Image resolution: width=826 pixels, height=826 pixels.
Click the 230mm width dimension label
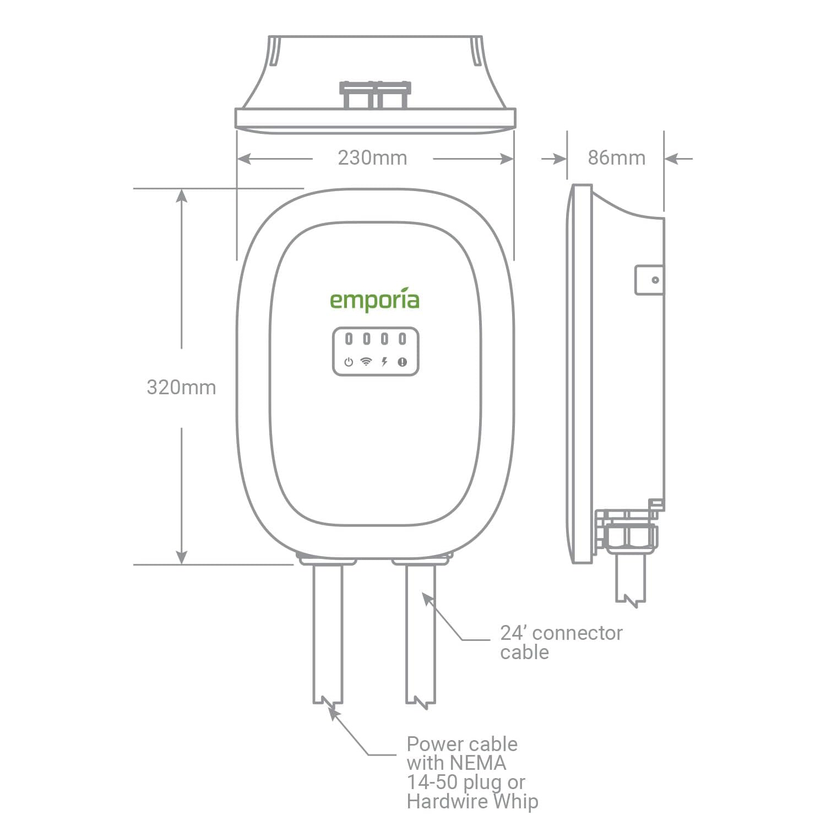pyautogui.click(x=372, y=158)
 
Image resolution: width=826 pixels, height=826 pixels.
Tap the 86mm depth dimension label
pyautogui.click(x=616, y=158)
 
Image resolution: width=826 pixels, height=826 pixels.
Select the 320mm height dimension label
pyautogui.click(x=181, y=387)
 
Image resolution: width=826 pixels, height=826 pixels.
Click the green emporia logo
pyautogui.click(x=374, y=300)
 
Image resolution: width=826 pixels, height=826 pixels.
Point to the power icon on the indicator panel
pyautogui.click(x=349, y=362)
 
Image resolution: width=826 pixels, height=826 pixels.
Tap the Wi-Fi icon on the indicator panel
pyautogui.click(x=366, y=362)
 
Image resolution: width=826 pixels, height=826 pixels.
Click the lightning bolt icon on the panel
pyautogui.click(x=384, y=362)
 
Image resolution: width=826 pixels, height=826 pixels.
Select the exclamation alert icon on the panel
pyautogui.click(x=403, y=362)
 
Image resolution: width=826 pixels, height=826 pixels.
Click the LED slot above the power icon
pyautogui.click(x=349, y=339)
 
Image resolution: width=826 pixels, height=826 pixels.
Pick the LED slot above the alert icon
pyautogui.click(x=403, y=339)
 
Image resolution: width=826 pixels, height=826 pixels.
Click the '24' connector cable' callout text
pyautogui.click(x=561, y=643)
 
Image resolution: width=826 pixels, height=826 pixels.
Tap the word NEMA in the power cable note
pyautogui.click(x=478, y=763)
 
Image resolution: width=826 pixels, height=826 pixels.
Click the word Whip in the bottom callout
pyautogui.click(x=515, y=801)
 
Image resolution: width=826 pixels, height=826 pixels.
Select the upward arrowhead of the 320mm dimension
pyautogui.click(x=182, y=195)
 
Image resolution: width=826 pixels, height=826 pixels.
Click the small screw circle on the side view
pyautogui.click(x=655, y=280)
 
